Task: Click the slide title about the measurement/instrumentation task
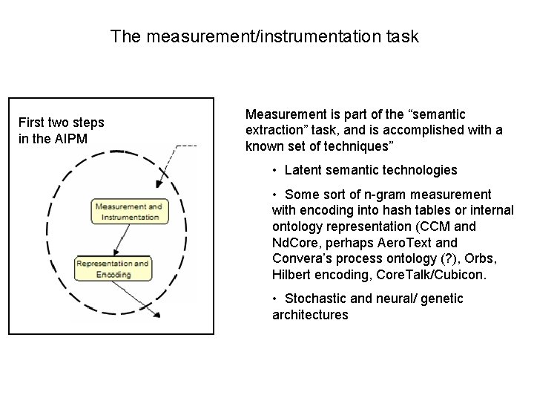[265, 36]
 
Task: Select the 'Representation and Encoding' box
[112, 269]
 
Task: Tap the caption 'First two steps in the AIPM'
[62, 130]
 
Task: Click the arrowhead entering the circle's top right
[158, 186]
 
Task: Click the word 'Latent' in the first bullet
[303, 170]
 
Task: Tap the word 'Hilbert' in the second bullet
[291, 276]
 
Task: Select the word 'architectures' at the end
[310, 315]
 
